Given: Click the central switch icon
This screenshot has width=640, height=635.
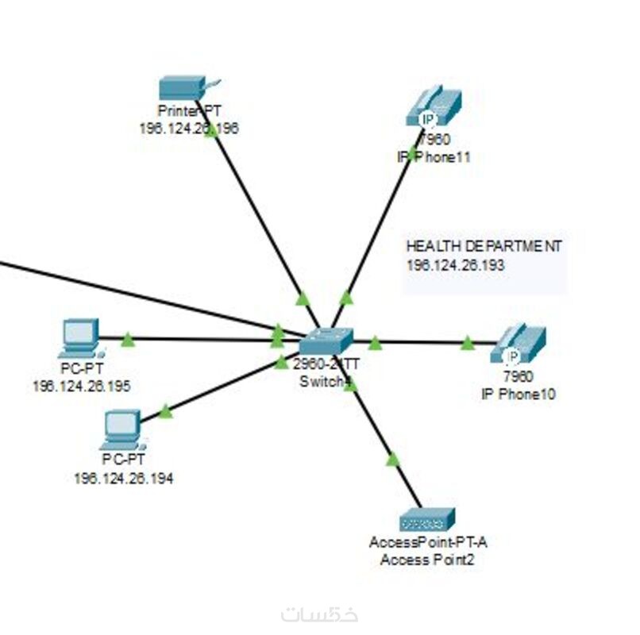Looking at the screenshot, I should click(x=325, y=341).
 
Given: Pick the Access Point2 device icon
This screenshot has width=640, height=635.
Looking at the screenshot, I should click(x=427, y=521).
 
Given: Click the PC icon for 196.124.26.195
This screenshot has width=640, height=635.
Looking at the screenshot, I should click(x=80, y=337).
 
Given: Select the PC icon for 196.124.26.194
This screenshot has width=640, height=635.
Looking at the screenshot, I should click(x=122, y=428).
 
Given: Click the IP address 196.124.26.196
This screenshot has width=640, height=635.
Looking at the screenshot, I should click(x=188, y=128).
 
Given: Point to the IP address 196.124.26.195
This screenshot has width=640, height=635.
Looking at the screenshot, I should click(x=82, y=386).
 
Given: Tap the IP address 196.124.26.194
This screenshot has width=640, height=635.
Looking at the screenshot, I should click(x=123, y=478).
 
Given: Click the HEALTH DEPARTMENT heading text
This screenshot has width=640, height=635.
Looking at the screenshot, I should click(x=484, y=247).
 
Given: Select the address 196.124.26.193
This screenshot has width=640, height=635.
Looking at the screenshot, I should click(x=455, y=265).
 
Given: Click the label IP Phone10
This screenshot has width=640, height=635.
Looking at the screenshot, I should click(x=518, y=393).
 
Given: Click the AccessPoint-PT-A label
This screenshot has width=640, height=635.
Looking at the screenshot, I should click(x=428, y=544).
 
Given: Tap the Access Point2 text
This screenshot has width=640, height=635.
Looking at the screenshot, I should click(x=428, y=560).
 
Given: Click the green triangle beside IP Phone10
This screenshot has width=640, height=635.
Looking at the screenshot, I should click(x=467, y=342).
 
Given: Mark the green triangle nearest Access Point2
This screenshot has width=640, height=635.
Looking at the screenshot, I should click(x=392, y=459).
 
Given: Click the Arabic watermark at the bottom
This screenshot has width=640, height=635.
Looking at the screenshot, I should click(x=319, y=614).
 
